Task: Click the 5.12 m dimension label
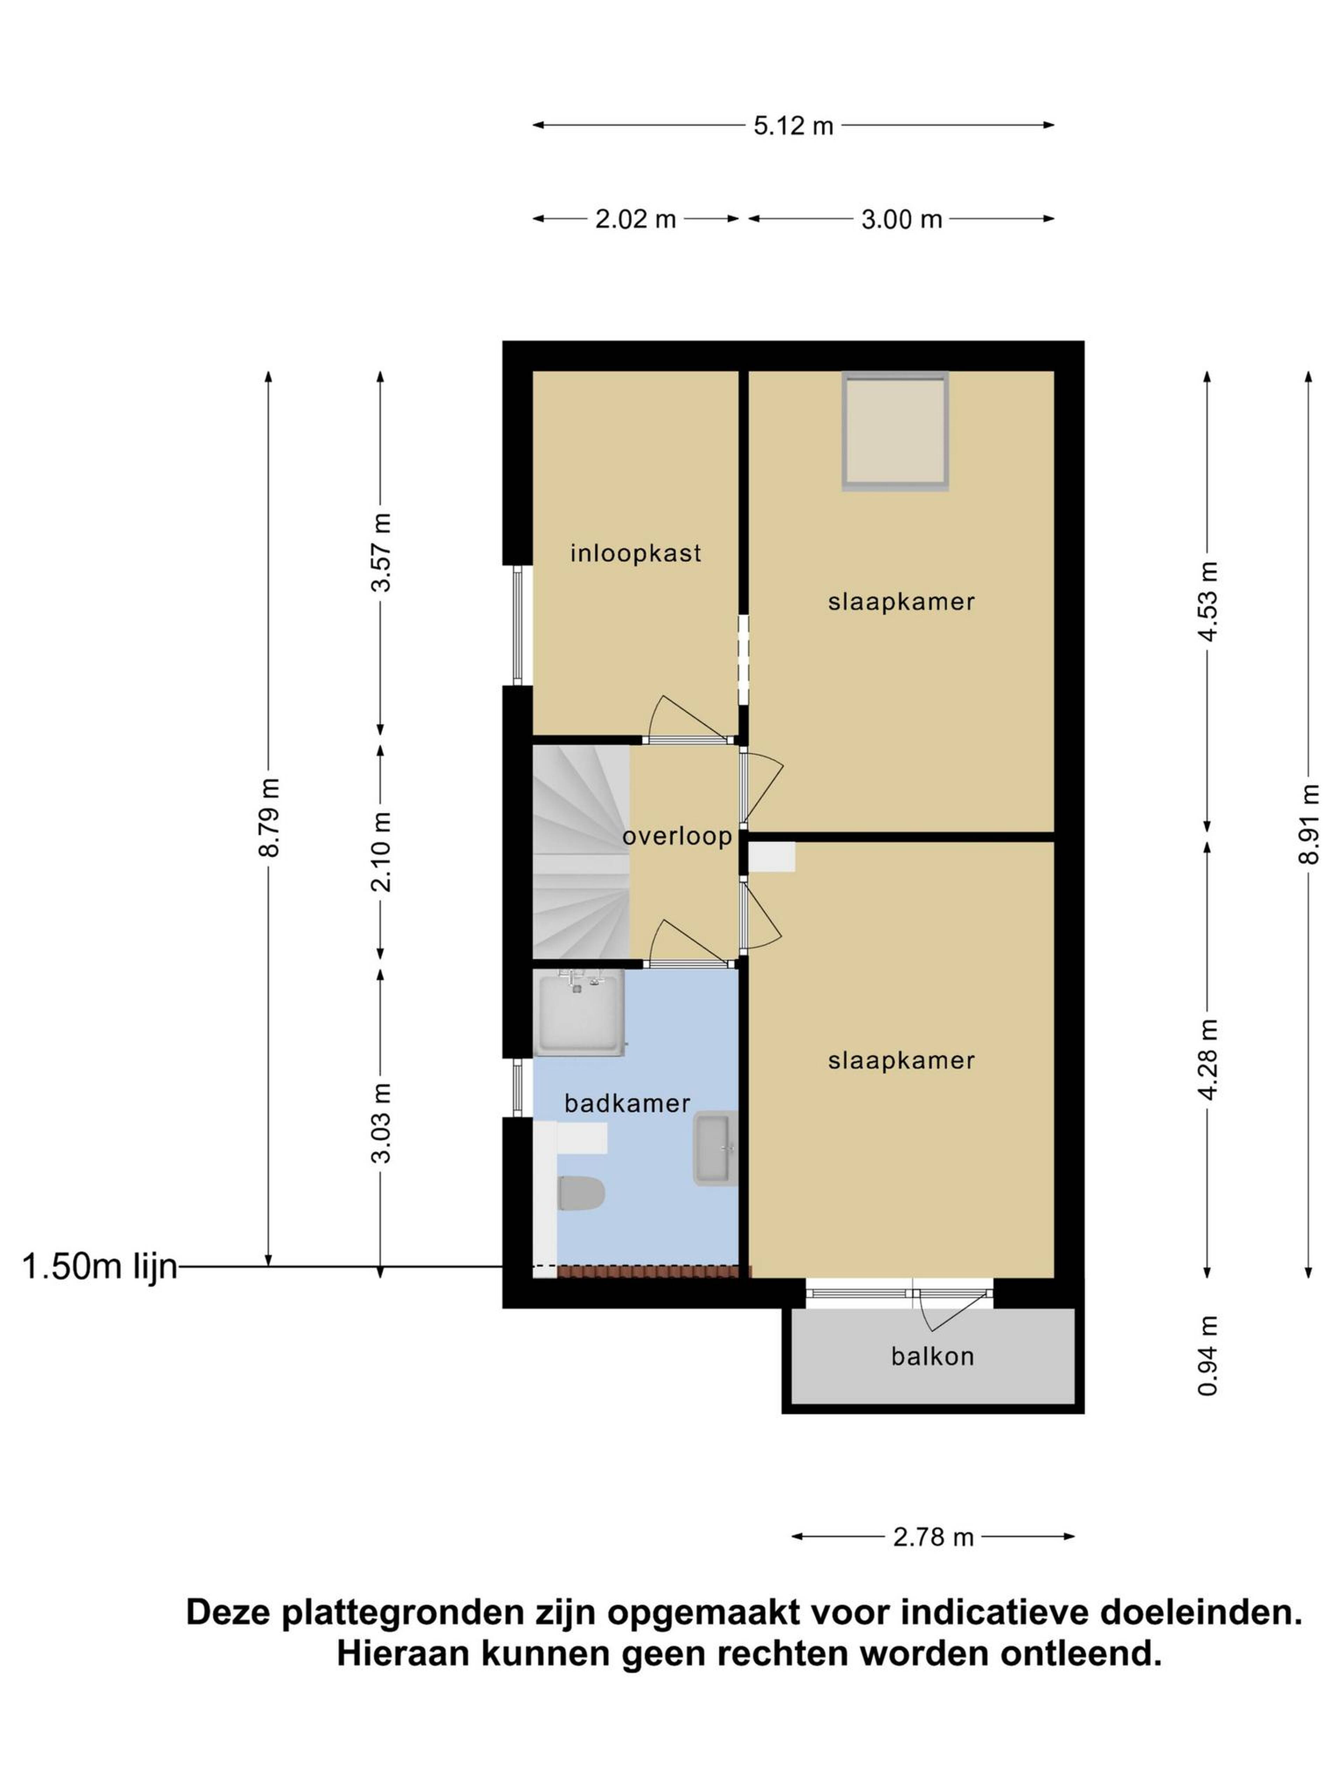tap(793, 125)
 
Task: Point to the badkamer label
tap(627, 1103)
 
